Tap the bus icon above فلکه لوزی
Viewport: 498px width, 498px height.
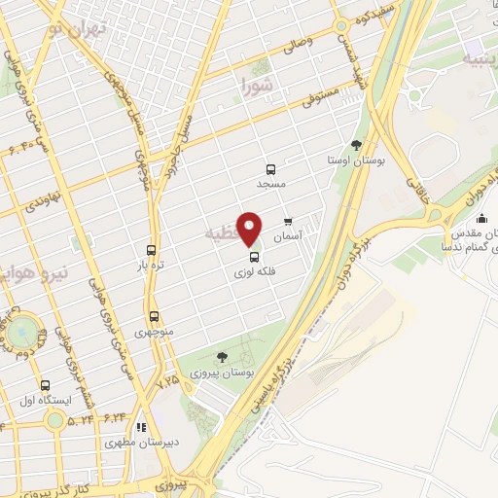[255, 258]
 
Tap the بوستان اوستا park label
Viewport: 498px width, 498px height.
[354, 160]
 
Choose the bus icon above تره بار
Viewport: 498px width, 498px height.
[150, 249]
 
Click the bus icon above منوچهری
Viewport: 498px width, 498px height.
[154, 316]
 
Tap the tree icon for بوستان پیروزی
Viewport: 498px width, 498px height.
[223, 357]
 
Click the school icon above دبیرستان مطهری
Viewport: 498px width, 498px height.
[142, 426]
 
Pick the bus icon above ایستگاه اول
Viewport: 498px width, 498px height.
[45, 385]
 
